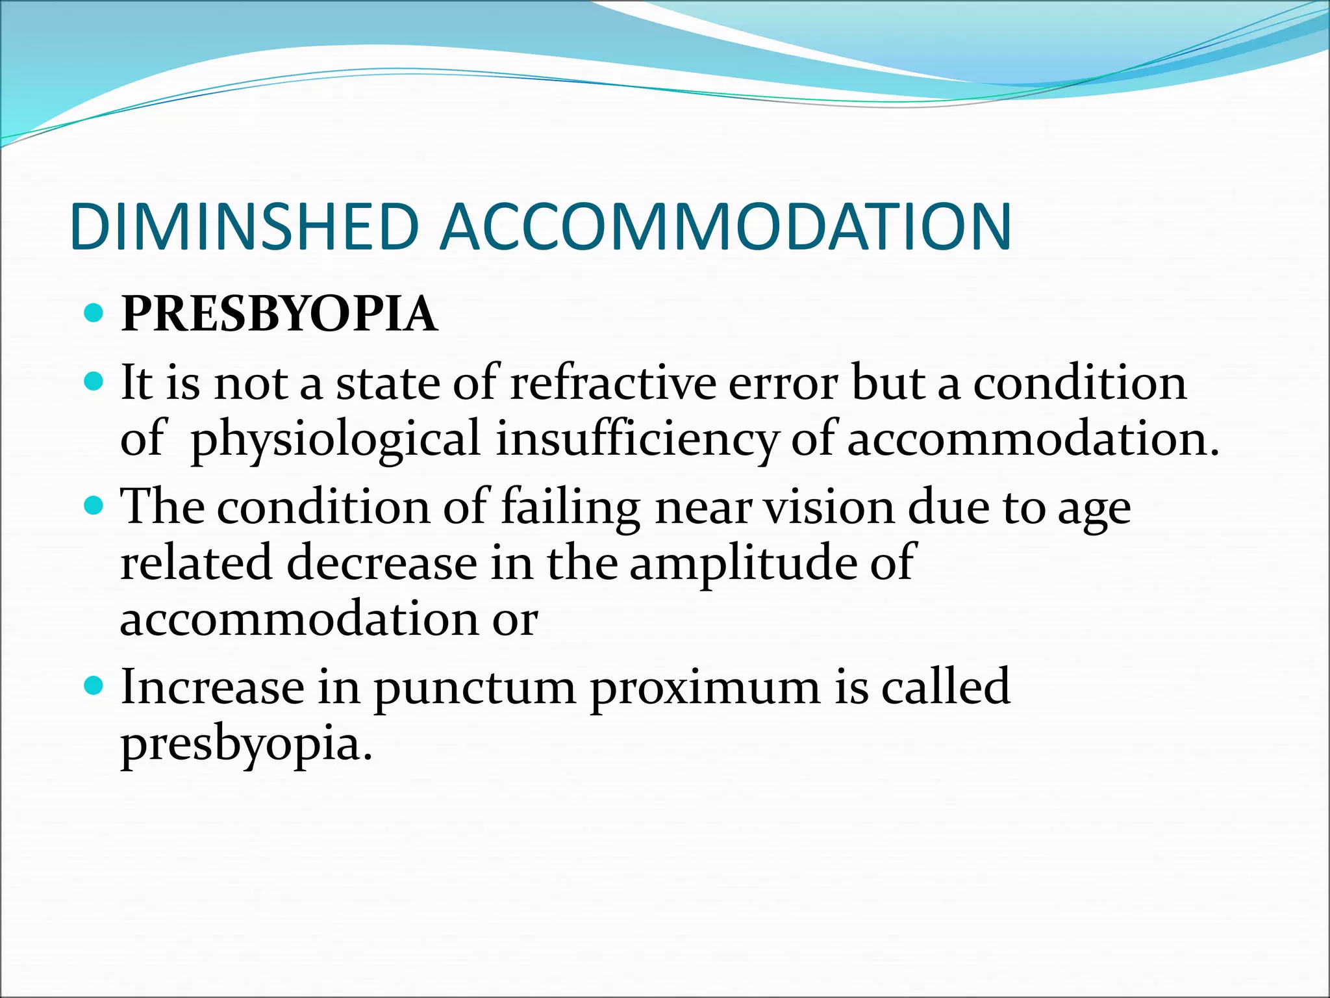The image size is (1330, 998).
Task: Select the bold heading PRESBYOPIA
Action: [279, 314]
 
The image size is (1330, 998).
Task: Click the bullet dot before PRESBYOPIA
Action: [94, 314]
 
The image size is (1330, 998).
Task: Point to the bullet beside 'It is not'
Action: [94, 381]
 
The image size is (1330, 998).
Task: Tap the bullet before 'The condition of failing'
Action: [94, 505]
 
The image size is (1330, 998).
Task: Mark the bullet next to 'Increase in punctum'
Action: [94, 685]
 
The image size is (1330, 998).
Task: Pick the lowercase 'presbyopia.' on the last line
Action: [247, 745]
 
